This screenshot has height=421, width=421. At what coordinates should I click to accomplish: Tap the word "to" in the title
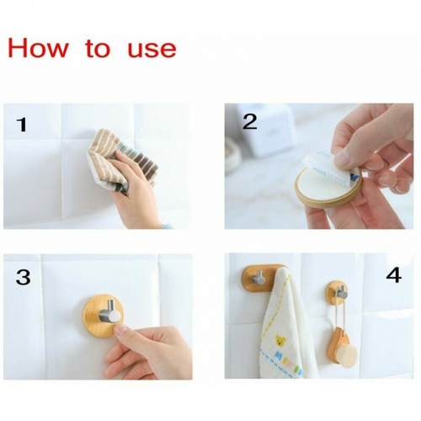pyautogui.click(x=98, y=49)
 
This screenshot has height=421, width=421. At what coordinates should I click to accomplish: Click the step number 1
pyautogui.click(x=22, y=125)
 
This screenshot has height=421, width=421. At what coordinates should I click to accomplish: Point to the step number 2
pyautogui.click(x=249, y=121)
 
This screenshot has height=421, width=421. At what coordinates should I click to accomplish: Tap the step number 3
pyautogui.click(x=23, y=277)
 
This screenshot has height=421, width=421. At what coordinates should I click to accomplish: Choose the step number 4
pyautogui.click(x=393, y=275)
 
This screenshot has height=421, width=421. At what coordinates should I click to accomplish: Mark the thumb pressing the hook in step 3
pyautogui.click(x=125, y=336)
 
